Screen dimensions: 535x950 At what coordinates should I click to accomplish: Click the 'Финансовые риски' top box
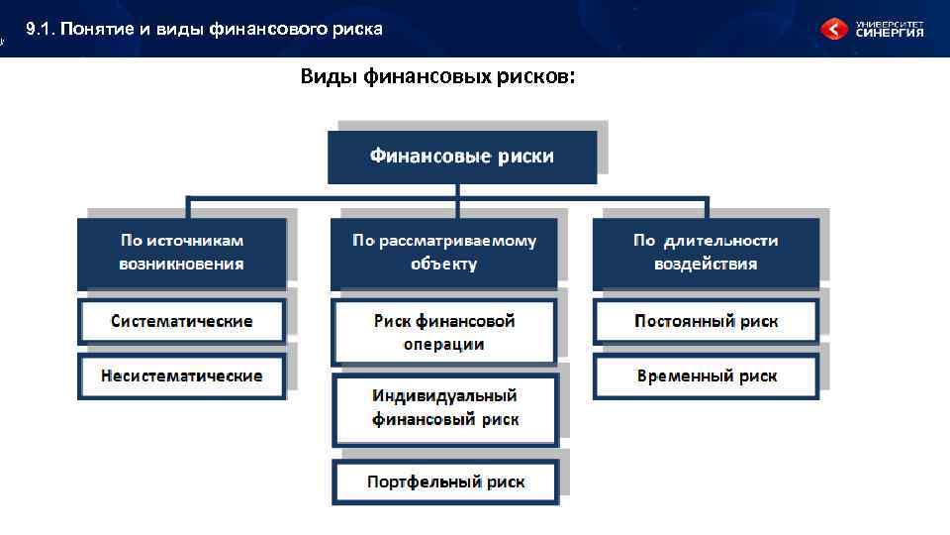coord(462,157)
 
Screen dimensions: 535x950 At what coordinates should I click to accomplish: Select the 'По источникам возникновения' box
coord(182,253)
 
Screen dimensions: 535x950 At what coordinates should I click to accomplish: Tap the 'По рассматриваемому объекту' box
coord(444,253)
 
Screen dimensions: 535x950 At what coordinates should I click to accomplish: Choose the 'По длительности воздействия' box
coord(706,253)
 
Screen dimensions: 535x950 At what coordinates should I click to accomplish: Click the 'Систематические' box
coord(182,321)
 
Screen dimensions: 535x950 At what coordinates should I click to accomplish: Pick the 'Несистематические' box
coord(182,376)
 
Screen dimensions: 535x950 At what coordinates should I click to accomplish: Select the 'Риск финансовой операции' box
coord(444,333)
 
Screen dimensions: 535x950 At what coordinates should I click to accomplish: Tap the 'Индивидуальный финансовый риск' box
coord(444,408)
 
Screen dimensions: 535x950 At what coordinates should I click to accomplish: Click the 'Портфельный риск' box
coord(445,482)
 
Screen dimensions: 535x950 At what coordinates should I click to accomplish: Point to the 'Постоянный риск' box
coord(706,321)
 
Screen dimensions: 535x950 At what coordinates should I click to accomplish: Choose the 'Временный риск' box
coord(706,376)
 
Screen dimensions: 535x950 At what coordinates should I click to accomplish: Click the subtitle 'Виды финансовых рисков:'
coord(435,76)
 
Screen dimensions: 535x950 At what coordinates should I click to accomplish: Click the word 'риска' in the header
coord(358,29)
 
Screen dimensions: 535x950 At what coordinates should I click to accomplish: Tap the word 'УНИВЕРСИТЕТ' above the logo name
coord(889,21)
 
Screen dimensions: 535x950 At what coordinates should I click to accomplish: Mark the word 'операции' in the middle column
coord(444,345)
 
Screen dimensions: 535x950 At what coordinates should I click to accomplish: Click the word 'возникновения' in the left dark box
coord(182,265)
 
